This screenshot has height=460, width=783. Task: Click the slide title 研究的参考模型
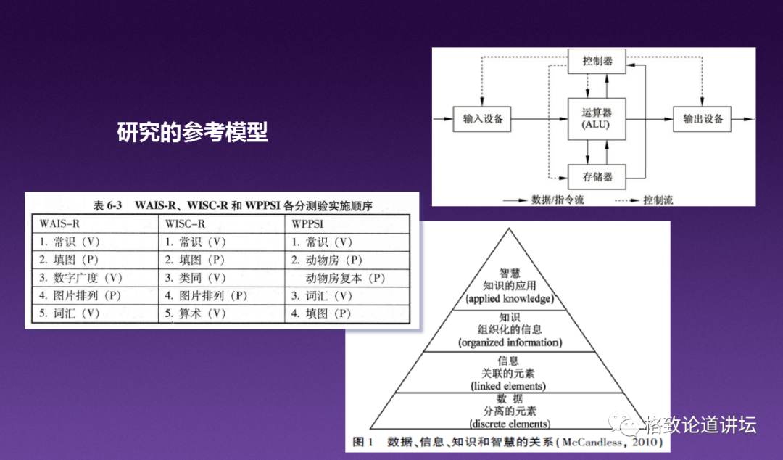point(192,133)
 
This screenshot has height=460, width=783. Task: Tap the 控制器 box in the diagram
point(597,61)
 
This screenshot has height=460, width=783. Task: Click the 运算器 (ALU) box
point(597,118)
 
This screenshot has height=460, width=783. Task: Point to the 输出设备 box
point(703,118)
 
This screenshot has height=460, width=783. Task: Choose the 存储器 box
point(597,176)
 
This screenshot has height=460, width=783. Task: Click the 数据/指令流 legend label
point(557,200)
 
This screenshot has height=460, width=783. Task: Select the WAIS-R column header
point(59,223)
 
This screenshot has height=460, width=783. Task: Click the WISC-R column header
point(185,223)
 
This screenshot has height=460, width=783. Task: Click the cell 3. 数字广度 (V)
point(80,278)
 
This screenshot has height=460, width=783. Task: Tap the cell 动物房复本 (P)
point(345,278)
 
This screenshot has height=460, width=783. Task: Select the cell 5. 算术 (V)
point(195,313)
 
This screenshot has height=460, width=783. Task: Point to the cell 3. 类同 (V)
point(195,278)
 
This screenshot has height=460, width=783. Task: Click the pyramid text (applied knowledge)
point(509,298)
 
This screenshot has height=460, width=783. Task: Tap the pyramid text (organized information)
point(510,342)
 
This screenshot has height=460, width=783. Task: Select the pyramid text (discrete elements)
point(509,424)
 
